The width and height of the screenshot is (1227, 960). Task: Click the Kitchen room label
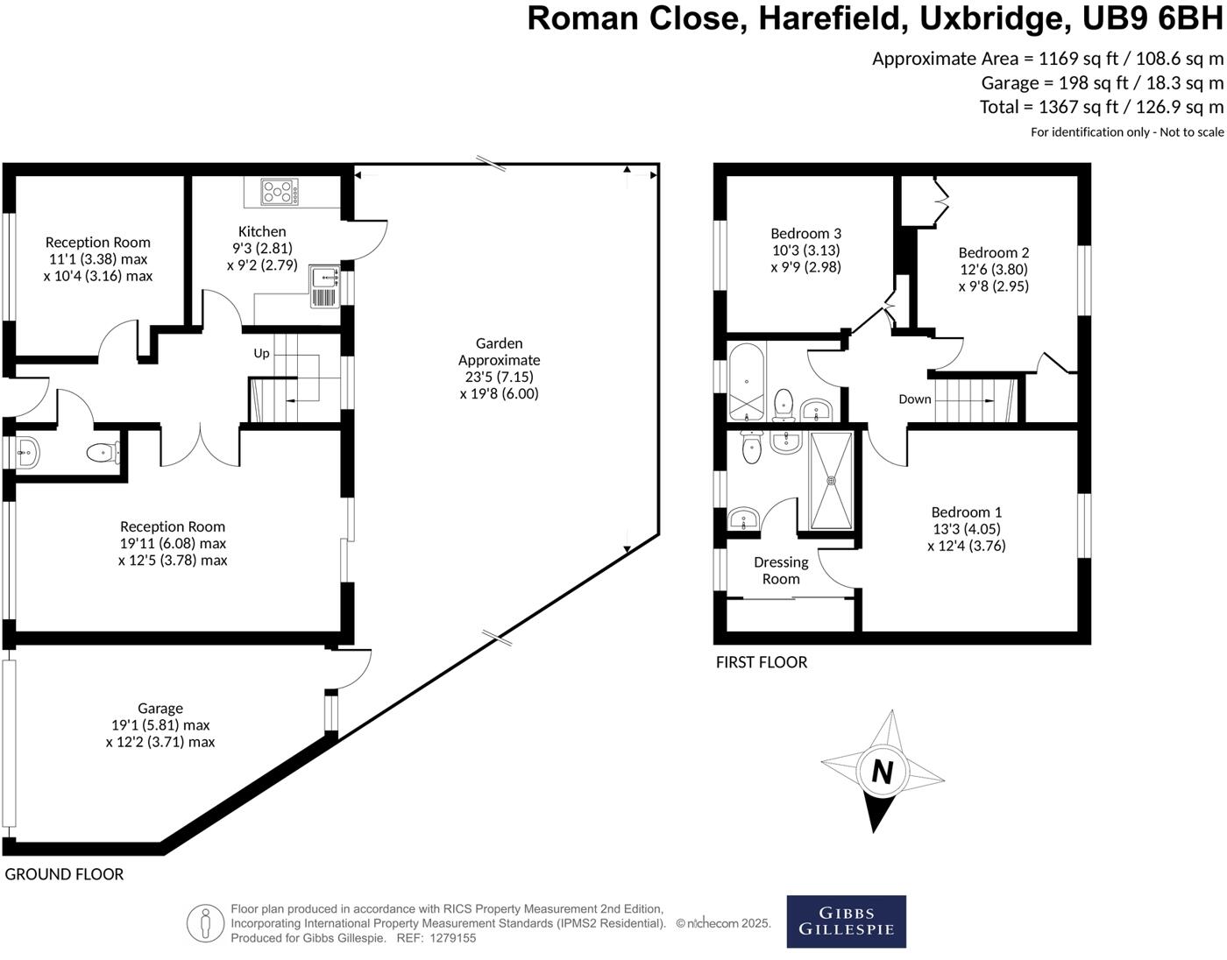point(262,231)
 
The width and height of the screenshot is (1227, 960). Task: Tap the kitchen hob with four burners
point(280,192)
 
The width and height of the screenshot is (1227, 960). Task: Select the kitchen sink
point(323,287)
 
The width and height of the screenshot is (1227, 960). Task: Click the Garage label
point(160,708)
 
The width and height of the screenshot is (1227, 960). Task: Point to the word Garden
point(499,343)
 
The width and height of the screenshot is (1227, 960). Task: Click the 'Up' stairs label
point(261,354)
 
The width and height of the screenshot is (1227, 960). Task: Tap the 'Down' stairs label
point(914,399)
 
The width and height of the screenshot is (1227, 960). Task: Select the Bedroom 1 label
point(966,512)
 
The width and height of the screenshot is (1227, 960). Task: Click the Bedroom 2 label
point(993,252)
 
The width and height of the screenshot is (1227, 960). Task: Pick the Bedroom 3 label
point(805,233)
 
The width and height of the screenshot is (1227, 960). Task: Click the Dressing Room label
point(781,570)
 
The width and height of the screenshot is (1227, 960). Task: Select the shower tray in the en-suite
point(830,480)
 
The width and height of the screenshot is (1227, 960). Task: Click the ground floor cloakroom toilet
point(102,453)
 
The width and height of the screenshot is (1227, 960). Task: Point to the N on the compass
point(882,772)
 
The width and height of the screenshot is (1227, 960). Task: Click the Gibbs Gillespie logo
point(846,921)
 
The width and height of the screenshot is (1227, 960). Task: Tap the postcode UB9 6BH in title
point(1156,18)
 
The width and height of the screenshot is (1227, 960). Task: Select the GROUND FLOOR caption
point(64,874)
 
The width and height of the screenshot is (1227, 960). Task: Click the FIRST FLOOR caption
point(762,662)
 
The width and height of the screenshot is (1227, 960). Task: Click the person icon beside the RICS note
point(206,923)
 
